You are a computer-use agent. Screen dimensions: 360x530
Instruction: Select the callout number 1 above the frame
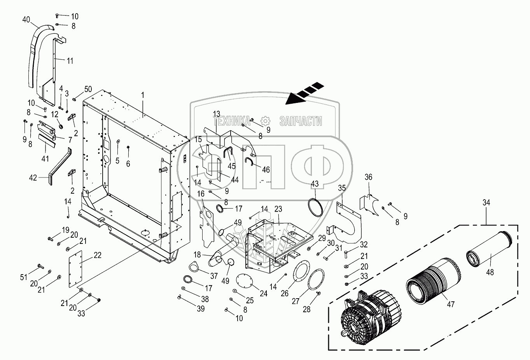coord(143,94)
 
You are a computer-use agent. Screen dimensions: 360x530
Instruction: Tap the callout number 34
coord(486,202)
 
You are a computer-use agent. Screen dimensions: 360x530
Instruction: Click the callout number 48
coord(490,272)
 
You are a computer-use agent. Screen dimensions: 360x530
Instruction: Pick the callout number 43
coord(315,183)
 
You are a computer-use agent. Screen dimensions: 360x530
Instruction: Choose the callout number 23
coord(278,209)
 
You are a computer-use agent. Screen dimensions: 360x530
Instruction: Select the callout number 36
coord(368,177)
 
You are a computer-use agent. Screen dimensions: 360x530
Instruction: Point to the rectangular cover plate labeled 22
coord(76,268)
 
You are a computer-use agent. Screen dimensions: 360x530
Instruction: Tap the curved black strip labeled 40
coord(35,54)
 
